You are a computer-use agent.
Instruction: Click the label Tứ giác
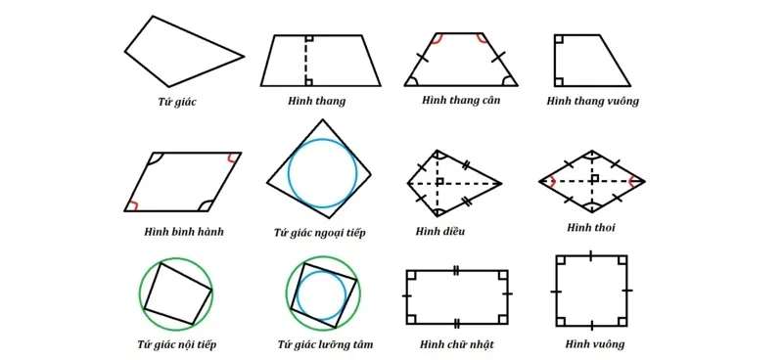(x=177, y=101)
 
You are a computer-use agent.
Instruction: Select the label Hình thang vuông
(x=592, y=101)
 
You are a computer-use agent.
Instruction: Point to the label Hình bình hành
(x=183, y=232)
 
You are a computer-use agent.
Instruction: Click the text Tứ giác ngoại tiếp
(x=320, y=233)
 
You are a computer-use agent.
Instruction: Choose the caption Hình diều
(x=440, y=232)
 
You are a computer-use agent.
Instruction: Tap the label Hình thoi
(x=591, y=228)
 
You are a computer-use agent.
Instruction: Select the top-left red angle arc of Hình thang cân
(x=436, y=40)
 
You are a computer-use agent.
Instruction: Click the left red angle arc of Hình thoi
(x=554, y=181)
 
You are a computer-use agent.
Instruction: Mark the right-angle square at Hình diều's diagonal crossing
(x=441, y=181)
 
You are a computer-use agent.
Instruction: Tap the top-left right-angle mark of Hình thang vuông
(x=558, y=40)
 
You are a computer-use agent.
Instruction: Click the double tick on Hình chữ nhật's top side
(x=456, y=269)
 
